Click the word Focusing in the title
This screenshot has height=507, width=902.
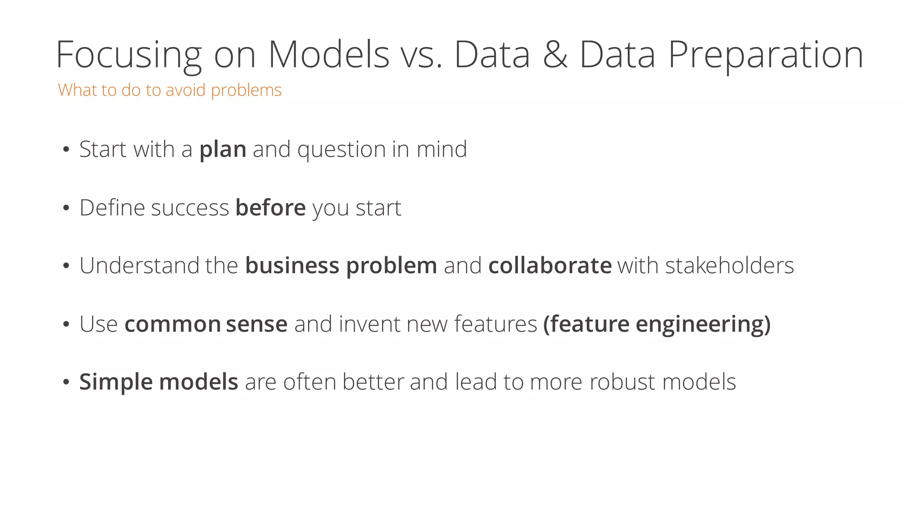129,55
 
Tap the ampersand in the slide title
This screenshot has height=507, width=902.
555,55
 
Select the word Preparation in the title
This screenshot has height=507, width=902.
765,55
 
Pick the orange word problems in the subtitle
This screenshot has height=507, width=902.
246,90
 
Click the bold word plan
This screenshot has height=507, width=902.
222,150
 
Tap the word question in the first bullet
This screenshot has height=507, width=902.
341,150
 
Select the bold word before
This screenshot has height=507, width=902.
270,208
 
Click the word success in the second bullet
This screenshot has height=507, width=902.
190,208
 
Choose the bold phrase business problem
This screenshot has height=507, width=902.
341,266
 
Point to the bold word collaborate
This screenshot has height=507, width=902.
550,266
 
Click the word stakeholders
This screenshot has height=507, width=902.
729,266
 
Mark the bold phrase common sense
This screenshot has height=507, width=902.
206,324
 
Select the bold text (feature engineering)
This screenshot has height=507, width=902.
657,324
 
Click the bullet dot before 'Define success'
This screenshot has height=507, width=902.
66,208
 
